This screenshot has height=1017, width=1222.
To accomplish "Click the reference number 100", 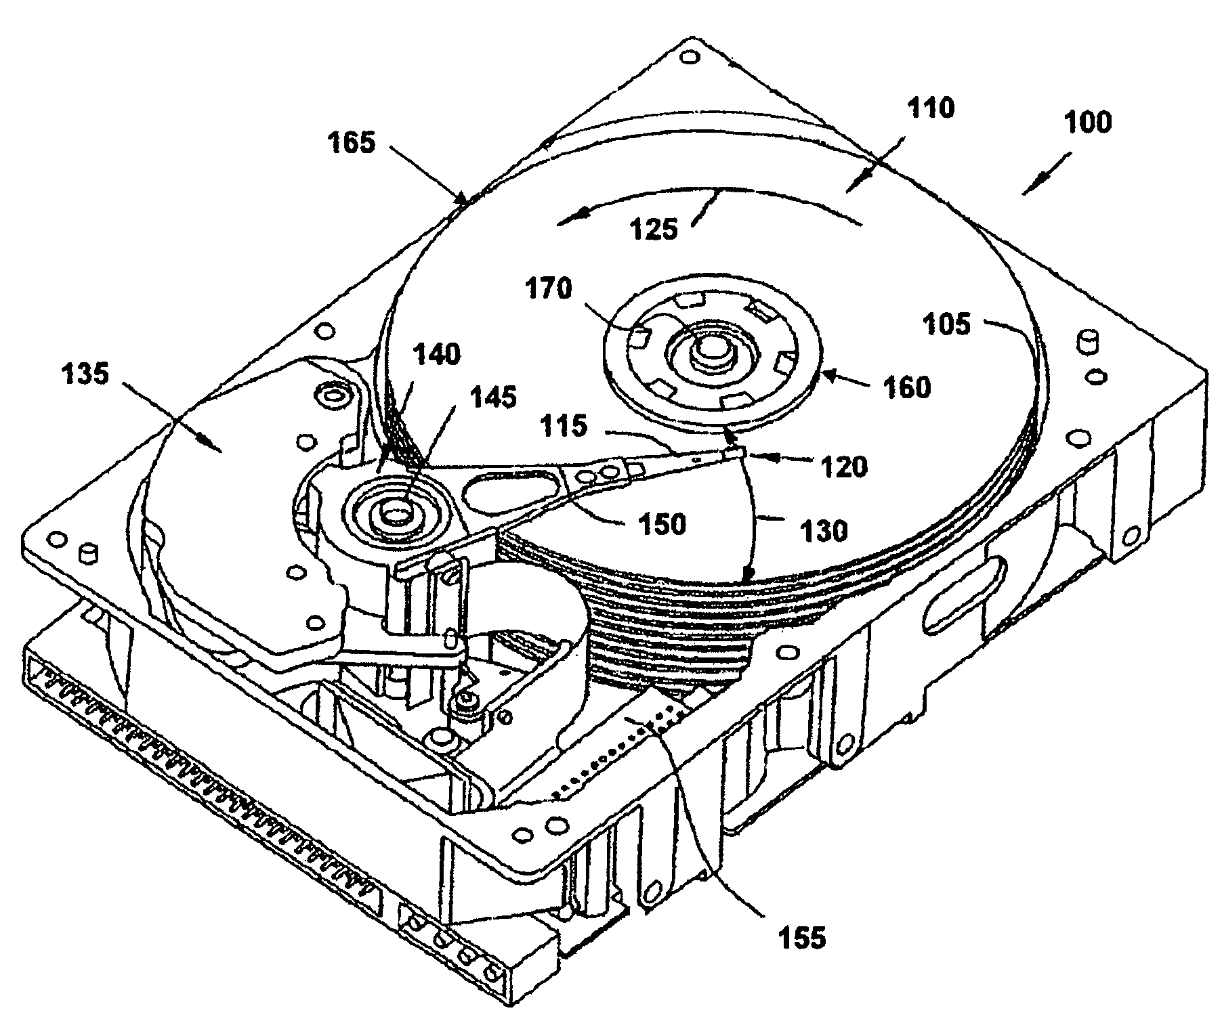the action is [1087, 123].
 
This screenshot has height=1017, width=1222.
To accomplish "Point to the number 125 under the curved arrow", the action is [653, 229].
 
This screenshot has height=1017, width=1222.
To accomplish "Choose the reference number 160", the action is [906, 387].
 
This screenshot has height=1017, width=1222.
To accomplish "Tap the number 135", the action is [83, 373].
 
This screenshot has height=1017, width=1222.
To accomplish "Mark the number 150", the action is [661, 523].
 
